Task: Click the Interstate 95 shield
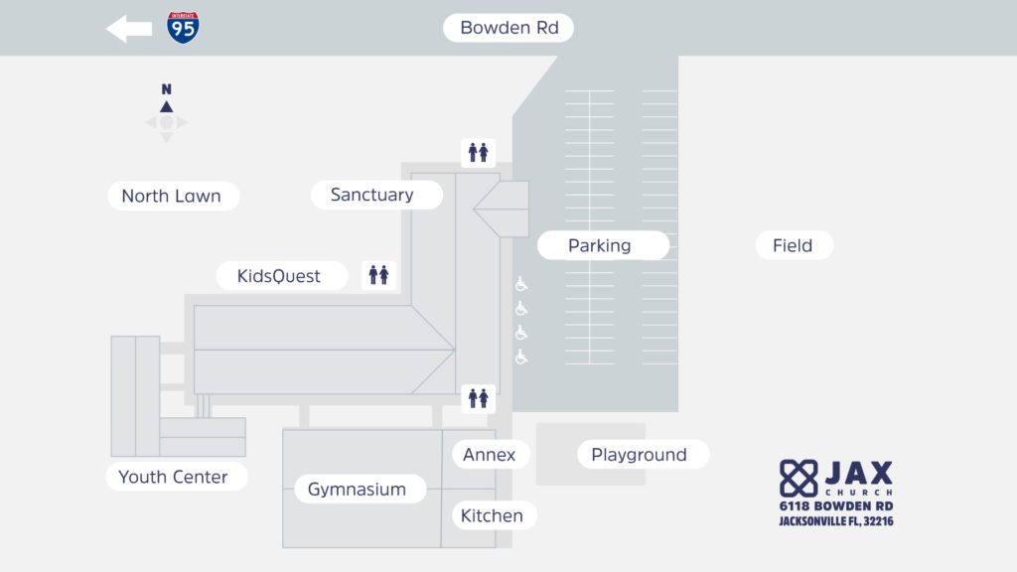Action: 182,28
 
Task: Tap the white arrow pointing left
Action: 129,29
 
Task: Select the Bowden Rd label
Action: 508,28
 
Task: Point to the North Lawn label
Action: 172,196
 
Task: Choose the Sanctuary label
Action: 372,195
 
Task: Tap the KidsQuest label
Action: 279,276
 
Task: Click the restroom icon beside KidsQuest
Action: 378,275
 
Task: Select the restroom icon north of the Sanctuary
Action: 478,153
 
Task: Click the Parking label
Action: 600,245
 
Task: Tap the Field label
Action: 793,245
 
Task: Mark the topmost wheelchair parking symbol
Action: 521,284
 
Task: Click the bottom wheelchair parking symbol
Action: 521,357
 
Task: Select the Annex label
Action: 490,455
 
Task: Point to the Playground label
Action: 640,455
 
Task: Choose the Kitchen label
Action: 492,515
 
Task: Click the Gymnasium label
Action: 357,489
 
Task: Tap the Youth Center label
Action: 174,477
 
